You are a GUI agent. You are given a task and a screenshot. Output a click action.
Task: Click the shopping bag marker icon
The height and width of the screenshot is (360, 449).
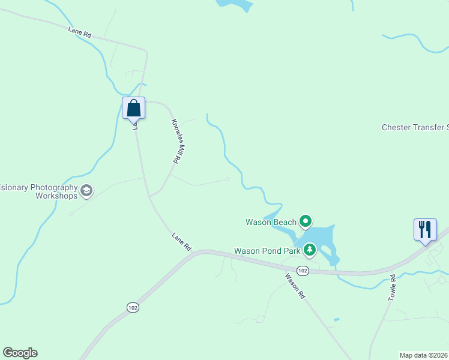click(134, 109)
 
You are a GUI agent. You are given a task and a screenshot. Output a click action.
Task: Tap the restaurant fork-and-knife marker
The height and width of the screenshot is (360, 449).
click(425, 229)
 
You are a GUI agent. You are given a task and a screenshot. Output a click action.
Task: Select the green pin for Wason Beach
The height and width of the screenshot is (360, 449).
click(306, 222)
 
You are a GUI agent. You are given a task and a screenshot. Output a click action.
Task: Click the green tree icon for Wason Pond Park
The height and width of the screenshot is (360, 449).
click(310, 249)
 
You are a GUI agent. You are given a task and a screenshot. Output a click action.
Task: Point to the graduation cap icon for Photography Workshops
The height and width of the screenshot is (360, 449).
click(86, 191)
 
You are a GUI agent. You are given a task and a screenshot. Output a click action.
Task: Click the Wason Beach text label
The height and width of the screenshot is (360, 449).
click(271, 222)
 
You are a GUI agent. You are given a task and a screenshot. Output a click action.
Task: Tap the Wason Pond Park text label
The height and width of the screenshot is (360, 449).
click(268, 251)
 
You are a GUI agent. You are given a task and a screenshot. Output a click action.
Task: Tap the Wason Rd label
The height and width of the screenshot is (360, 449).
click(295, 286)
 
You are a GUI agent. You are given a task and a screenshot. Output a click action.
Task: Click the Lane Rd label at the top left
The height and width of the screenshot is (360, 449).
click(79, 34)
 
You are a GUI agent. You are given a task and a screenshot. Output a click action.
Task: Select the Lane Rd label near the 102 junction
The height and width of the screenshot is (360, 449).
click(181, 241)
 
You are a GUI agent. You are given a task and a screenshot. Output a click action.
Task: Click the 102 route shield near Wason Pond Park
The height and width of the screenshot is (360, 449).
click(303, 271)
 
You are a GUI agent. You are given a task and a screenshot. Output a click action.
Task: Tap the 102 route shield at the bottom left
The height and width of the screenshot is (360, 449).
click(133, 307)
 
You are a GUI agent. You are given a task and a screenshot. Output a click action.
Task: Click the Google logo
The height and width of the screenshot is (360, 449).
click(20, 353)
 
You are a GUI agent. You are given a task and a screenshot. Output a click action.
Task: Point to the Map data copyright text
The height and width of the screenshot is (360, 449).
click(424, 355)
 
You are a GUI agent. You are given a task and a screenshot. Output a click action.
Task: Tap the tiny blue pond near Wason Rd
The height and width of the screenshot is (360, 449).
click(336, 319)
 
